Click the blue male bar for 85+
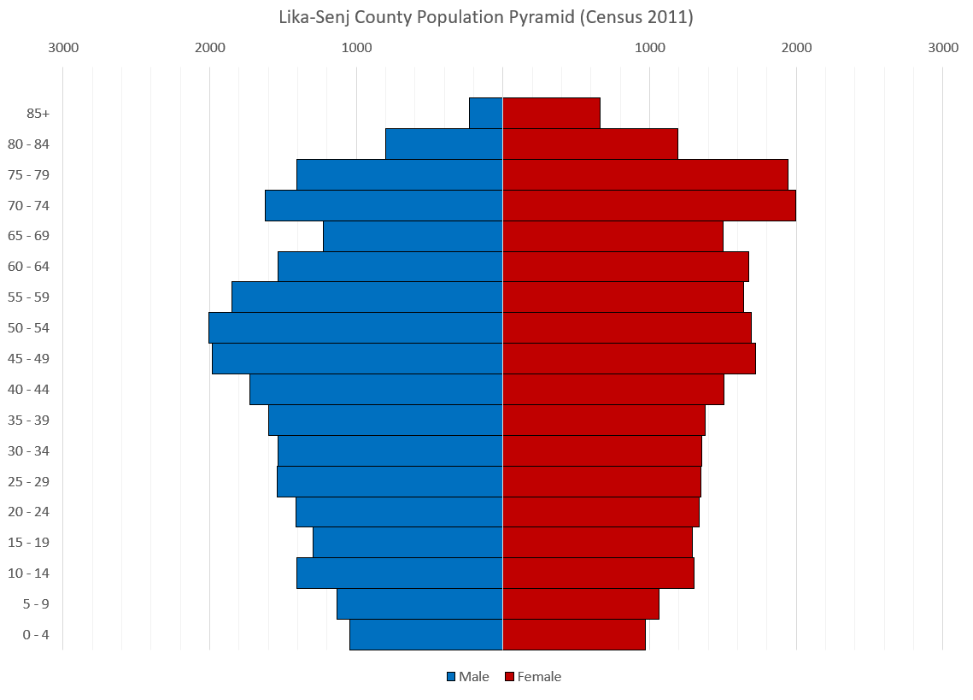pos(486,113)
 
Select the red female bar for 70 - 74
pos(649,205)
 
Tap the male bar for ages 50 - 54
pos(355,328)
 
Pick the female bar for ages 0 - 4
pos(574,635)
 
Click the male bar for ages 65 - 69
pos(413,236)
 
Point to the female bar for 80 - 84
pos(590,144)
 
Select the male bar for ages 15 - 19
pos(407,543)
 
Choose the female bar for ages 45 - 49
pos(629,359)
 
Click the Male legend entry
pos(468,677)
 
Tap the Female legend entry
pos(533,677)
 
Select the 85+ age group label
pos(38,113)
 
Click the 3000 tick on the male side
pos(63,48)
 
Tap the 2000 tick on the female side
pos(796,48)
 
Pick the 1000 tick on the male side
pos(356,48)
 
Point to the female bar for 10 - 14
pos(598,574)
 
